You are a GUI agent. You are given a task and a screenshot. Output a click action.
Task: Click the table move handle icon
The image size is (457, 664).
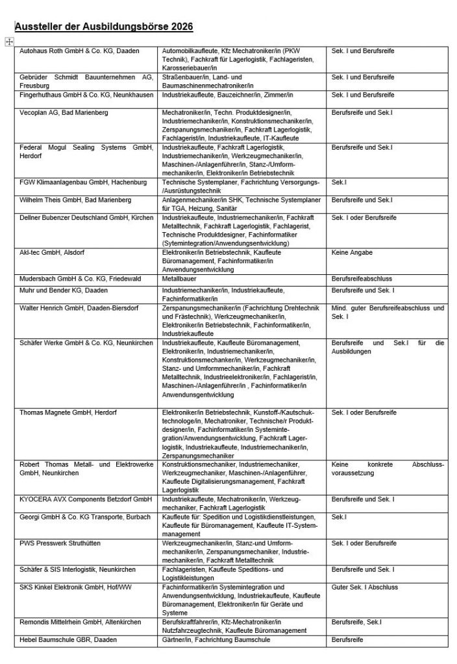tap(9, 41)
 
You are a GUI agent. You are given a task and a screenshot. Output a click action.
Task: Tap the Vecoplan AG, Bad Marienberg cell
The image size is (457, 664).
tap(64, 113)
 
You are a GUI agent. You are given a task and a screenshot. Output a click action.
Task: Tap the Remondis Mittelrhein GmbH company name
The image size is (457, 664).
tap(80, 622)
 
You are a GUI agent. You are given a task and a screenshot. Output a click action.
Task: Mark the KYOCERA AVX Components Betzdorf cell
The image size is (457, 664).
tap(85, 499)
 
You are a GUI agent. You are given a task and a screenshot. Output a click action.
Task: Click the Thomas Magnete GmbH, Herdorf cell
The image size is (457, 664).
tap(67, 412)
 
